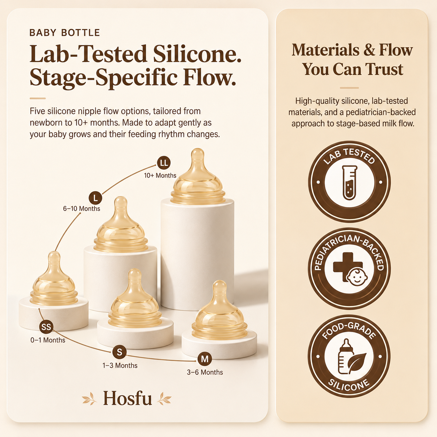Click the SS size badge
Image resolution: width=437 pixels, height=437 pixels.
point(46,327)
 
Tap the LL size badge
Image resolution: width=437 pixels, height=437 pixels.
point(164,163)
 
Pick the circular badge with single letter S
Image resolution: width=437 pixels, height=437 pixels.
point(120,352)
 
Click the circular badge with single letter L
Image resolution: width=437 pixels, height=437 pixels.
point(95,198)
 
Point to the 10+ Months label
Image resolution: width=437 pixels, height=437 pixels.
point(160,176)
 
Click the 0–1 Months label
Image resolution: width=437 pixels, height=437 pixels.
point(48,340)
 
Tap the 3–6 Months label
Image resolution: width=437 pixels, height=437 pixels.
point(205,373)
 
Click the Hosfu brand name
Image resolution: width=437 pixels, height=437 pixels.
point(128,398)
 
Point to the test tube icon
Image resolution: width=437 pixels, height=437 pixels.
point(350,183)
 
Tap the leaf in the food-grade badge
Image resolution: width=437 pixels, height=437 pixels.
point(358,362)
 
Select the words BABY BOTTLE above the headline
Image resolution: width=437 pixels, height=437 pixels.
point(64,33)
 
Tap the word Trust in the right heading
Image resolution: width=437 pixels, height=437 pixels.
point(384,69)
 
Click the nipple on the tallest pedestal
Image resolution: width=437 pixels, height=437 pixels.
point(198,176)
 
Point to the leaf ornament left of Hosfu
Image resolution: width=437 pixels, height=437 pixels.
point(89,398)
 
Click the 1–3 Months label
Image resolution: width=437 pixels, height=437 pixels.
point(120,366)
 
